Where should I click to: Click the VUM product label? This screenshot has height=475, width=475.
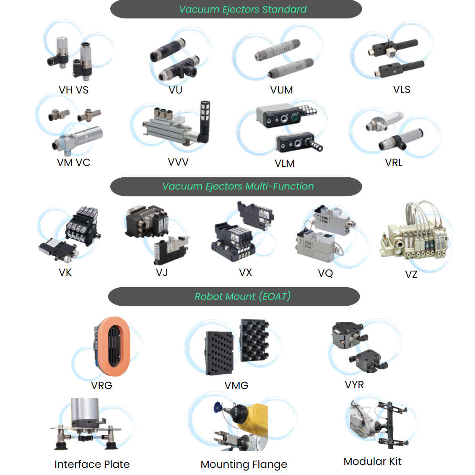tap(281, 90)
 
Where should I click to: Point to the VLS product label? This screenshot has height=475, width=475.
tap(402, 90)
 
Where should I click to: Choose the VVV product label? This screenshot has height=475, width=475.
tap(178, 162)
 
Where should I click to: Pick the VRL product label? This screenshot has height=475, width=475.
tap(394, 163)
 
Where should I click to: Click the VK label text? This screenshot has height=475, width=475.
tap(65, 273)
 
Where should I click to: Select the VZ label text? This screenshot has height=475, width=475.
tap(411, 275)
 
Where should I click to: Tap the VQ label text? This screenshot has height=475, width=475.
tap(325, 273)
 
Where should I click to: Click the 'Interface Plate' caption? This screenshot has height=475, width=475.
tap(92, 464)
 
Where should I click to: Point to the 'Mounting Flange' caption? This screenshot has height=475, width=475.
tap(244, 464)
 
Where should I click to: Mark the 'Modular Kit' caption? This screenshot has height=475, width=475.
tap(372, 461)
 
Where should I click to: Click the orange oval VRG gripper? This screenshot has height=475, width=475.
tap(112, 346)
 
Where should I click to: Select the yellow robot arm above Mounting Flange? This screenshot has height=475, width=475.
tap(252, 419)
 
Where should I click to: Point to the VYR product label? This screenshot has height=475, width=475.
tap(354, 385)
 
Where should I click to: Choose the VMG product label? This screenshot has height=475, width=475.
tap(236, 385)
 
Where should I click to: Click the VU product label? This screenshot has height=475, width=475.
tap(176, 90)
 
